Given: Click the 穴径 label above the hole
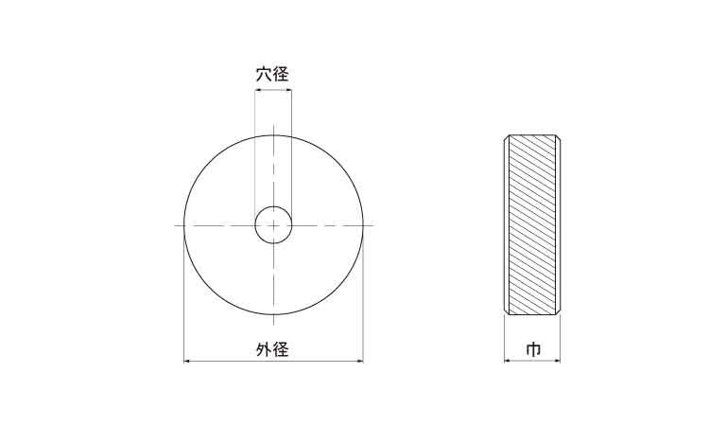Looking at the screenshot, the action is click(272, 74).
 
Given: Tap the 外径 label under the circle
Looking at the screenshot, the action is click(272, 349).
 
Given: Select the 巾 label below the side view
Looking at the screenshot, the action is click(533, 350).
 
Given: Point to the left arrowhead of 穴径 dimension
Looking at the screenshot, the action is click(257, 90).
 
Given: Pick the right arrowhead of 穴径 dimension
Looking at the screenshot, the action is click(289, 90).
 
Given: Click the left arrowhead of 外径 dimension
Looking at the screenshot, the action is click(186, 362).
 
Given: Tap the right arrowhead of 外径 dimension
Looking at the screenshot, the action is click(360, 362).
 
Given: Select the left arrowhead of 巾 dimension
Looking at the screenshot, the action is click(507, 361).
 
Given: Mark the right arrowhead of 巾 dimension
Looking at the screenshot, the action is click(558, 361).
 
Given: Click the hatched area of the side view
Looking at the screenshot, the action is click(532, 224).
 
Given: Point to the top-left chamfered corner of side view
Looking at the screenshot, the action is click(507, 137).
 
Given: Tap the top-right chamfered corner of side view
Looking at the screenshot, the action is click(558, 137).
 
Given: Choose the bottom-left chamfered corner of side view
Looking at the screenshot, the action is click(507, 311).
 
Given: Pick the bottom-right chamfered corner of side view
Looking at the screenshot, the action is click(558, 311).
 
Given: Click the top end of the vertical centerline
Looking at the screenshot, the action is click(273, 125).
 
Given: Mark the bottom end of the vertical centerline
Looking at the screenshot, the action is click(273, 326).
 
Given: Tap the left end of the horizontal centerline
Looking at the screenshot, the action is click(175, 225).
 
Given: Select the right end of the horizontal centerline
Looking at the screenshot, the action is click(373, 225).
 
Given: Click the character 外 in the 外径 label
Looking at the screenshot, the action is click(264, 349).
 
